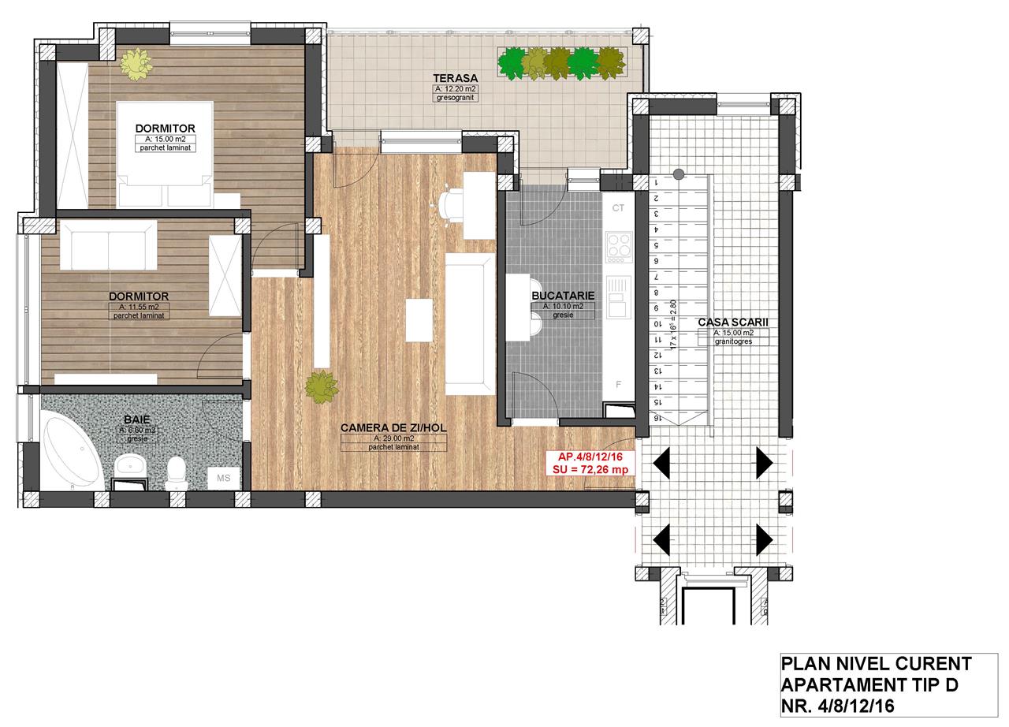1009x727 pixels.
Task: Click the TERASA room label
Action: (x=456, y=78)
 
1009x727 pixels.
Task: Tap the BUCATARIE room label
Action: (x=557, y=295)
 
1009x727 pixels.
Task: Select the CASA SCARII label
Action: (x=732, y=322)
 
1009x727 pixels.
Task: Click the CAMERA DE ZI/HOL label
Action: (x=393, y=427)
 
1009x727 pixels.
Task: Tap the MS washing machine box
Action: (x=224, y=478)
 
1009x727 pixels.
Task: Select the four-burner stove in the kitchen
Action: (x=618, y=247)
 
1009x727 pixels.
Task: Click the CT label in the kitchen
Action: (x=618, y=208)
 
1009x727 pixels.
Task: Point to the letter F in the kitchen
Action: (x=619, y=385)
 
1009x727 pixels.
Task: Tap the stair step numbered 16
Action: (x=656, y=418)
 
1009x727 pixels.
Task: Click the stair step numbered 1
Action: (x=656, y=182)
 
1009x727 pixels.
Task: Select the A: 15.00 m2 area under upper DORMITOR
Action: (x=165, y=139)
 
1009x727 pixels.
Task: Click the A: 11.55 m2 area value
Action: (x=139, y=307)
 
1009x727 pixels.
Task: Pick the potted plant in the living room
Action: (x=322, y=386)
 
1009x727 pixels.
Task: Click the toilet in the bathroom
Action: (x=177, y=469)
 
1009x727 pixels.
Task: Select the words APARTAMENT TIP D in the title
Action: (x=869, y=684)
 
